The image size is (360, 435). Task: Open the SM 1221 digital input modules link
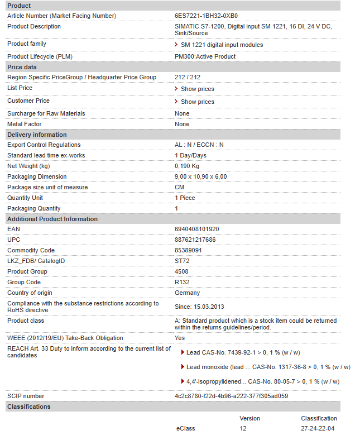click(x=222, y=45)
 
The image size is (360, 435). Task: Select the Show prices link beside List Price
click(x=197, y=89)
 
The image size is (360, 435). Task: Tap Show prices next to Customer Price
click(x=197, y=102)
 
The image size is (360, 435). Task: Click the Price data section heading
click(x=22, y=67)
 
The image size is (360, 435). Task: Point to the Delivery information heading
click(x=37, y=135)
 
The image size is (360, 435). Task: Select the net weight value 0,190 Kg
click(x=187, y=166)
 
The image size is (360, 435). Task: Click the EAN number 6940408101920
click(x=197, y=230)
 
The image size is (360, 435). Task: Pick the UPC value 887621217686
click(x=195, y=240)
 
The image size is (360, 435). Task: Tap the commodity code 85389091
click(x=189, y=251)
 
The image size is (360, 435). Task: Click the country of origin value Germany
click(x=187, y=293)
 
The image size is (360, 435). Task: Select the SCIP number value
click(x=231, y=396)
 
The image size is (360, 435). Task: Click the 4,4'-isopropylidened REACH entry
click(x=262, y=381)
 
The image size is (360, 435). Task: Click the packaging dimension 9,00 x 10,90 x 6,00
click(x=201, y=176)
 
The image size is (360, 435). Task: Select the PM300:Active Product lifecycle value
click(x=205, y=56)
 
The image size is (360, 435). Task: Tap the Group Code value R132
click(x=182, y=283)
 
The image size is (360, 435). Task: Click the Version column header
click(x=249, y=418)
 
